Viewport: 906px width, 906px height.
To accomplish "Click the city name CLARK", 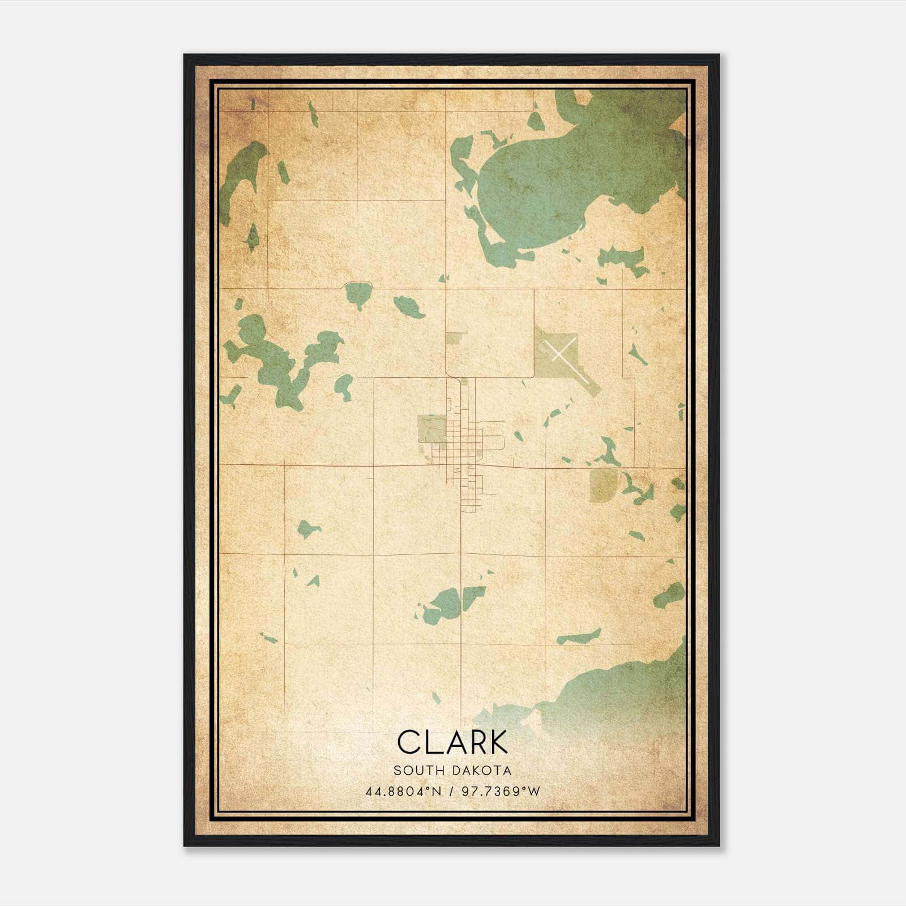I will click(452, 742).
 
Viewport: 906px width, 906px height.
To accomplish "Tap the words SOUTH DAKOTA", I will click(452, 771).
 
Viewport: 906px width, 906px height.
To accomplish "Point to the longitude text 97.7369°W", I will click(501, 791).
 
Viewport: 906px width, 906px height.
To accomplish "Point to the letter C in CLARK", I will click(408, 742).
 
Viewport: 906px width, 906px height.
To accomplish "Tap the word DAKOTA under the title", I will click(483, 771).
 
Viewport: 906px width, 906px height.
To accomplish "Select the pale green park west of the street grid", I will click(430, 429).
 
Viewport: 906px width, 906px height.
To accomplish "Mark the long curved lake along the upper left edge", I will click(241, 176).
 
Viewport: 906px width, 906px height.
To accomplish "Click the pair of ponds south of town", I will click(453, 603).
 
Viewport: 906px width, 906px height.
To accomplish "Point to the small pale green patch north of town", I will click(455, 338).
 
